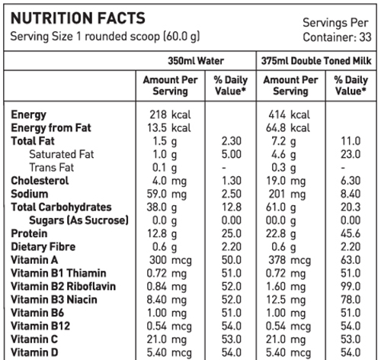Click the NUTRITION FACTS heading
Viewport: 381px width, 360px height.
point(78,18)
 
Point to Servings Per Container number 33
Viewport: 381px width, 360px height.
point(365,37)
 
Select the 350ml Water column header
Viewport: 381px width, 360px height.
point(196,61)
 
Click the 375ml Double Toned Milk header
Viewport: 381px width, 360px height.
point(316,61)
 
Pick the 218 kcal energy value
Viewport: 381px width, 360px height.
point(170,114)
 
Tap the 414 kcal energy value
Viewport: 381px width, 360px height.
point(289,114)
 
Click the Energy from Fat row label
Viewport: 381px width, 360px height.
point(51,127)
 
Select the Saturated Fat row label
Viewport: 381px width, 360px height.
point(62,154)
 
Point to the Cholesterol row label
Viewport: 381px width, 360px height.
point(40,181)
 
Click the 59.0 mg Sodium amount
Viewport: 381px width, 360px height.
point(167,194)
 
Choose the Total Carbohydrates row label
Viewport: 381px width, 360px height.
point(61,207)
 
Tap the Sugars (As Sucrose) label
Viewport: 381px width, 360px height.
point(78,220)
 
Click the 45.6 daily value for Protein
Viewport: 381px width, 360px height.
point(351,233)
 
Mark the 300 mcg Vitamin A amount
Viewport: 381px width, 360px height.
point(171,260)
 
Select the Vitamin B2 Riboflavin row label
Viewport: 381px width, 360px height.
point(63,287)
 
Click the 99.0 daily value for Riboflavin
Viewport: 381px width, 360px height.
point(351,287)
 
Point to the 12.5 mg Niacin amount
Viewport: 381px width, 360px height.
point(286,300)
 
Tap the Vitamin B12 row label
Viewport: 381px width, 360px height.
point(40,326)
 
